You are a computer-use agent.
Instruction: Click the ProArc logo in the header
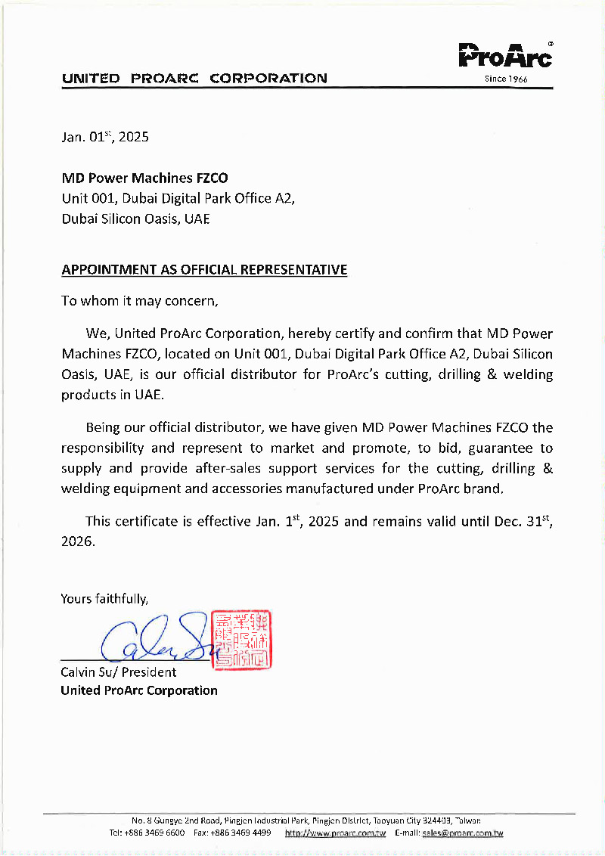(506, 56)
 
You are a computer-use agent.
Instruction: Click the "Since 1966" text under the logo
(506, 79)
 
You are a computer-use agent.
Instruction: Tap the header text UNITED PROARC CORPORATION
(194, 78)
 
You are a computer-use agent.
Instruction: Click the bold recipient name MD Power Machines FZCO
(144, 178)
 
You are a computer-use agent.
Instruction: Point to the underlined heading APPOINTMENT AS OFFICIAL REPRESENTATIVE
(204, 270)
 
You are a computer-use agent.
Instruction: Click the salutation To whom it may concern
(140, 301)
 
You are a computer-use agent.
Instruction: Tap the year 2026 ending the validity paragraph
(76, 542)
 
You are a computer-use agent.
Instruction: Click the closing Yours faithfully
(105, 599)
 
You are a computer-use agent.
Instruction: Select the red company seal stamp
(242, 640)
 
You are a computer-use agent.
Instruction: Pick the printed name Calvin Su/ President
(119, 672)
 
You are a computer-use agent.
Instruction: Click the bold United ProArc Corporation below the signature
(139, 690)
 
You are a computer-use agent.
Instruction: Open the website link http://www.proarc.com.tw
(335, 833)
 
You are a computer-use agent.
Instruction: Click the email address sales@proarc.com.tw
(463, 833)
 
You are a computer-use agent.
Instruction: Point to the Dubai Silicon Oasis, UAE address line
(135, 219)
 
